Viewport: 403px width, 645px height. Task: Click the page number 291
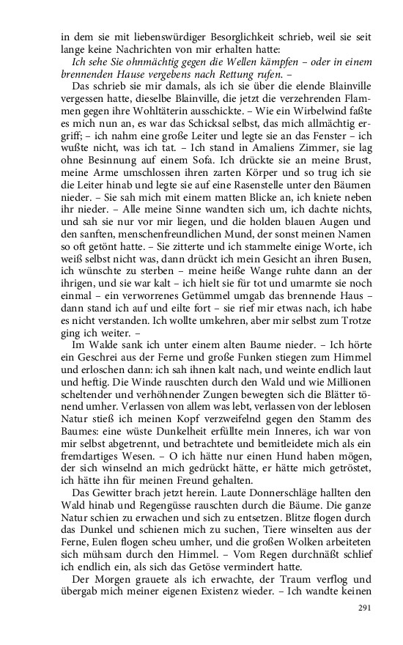pos(365,608)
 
